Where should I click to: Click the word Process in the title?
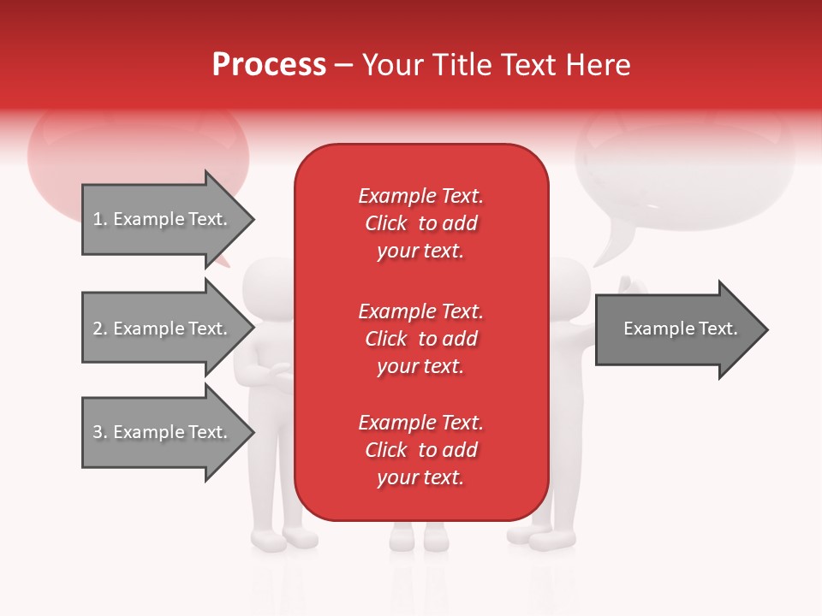(269, 65)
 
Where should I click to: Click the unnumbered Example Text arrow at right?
(680, 329)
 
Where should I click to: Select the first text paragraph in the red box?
(420, 223)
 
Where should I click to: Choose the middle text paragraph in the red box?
(420, 339)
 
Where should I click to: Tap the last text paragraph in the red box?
(420, 450)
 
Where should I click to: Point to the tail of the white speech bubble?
(610, 252)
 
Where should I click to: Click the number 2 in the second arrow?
(98, 329)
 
